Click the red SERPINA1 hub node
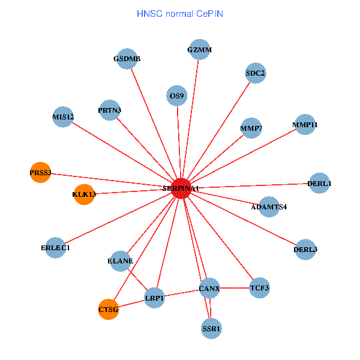181,188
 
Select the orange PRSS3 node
41,173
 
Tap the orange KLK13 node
84,194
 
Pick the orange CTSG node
109,310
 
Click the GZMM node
200,50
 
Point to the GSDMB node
127,59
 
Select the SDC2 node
256,73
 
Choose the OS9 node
177,95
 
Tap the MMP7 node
251,128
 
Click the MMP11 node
305,125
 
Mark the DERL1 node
319,183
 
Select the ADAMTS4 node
269,206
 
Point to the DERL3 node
306,249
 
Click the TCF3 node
260,288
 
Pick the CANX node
209,289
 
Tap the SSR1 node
212,328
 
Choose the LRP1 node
155,298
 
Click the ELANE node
121,260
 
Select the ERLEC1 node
56,247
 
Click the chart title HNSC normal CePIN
180,13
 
